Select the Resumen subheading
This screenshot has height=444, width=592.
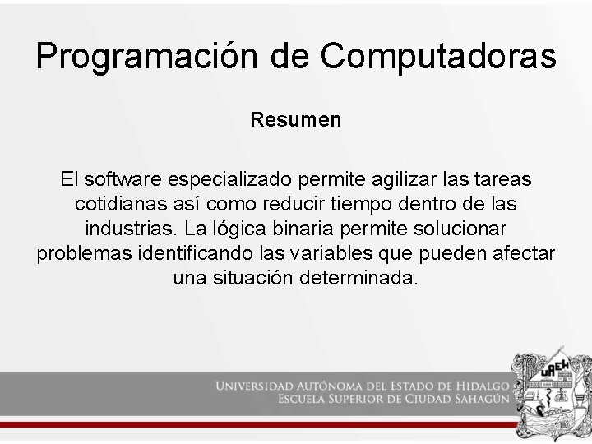coord(296,120)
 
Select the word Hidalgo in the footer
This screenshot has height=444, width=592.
coord(479,385)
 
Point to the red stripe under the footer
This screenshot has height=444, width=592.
coord(247,423)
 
